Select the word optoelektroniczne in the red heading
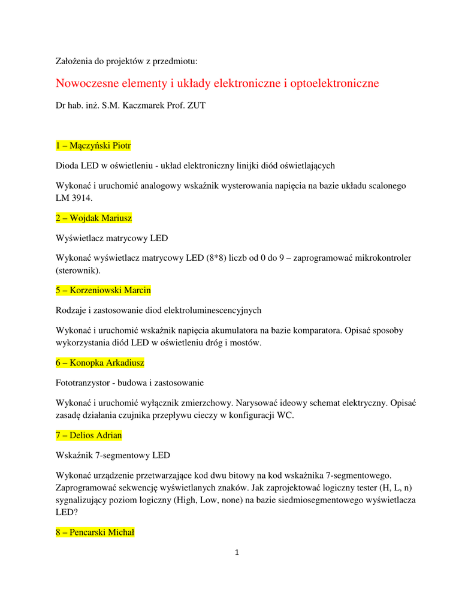coord(334,83)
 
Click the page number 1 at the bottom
coord(237,552)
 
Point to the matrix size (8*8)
coord(216,258)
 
